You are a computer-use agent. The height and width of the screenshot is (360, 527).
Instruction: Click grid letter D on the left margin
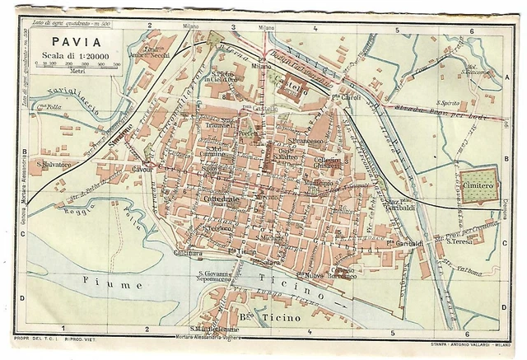(x=22, y=297)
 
